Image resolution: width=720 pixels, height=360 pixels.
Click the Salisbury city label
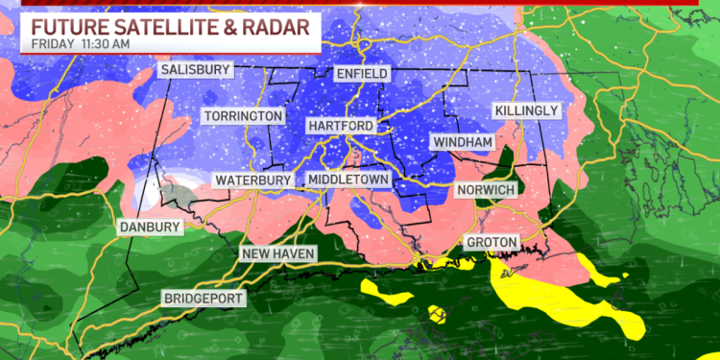click(197, 71)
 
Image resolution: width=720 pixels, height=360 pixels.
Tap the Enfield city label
click(363, 74)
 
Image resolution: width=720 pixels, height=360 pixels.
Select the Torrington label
click(244, 116)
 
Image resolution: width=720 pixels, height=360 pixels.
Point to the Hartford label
click(340, 126)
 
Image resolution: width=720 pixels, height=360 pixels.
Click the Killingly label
click(526, 111)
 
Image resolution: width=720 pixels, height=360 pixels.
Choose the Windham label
click(463, 142)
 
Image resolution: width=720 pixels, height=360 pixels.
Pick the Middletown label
click(348, 180)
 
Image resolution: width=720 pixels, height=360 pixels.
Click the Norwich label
click(487, 188)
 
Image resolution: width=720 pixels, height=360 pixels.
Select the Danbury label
click(149, 227)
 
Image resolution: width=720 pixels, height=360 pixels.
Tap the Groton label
click(492, 241)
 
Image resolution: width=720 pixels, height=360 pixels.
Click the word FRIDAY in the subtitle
click(49, 44)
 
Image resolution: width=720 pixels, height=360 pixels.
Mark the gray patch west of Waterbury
click(177, 198)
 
